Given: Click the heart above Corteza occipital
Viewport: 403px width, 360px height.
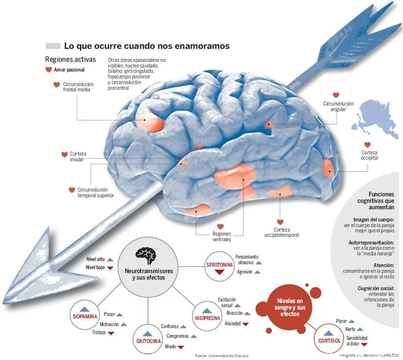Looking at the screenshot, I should point(367,145).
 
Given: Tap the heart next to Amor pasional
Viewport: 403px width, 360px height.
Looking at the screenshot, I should point(49,70).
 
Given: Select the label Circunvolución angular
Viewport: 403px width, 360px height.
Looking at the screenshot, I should point(338,106).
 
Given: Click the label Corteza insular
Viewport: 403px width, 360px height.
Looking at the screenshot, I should point(78,156).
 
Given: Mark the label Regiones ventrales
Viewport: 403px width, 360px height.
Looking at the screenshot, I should point(222,237).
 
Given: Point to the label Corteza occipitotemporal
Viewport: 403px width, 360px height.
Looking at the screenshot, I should point(282,232).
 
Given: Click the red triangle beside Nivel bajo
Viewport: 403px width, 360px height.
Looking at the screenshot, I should point(111,267).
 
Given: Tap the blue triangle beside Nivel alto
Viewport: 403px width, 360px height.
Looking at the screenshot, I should point(111,259).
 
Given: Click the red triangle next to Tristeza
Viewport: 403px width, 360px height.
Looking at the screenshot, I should point(111,333).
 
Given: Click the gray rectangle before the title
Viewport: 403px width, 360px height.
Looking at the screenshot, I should point(53,46).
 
